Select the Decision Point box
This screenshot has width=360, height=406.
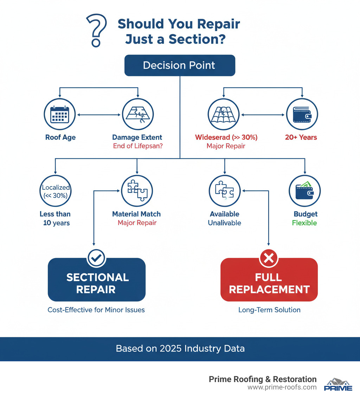(180, 65)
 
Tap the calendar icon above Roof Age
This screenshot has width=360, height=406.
(60, 114)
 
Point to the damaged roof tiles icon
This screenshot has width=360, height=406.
(224, 114)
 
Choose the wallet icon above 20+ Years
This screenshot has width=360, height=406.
(302, 114)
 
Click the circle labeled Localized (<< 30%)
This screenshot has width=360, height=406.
(56, 191)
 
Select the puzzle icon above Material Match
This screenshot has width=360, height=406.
(137, 191)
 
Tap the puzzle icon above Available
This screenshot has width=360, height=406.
(224, 191)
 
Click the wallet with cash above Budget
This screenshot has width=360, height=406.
(304, 191)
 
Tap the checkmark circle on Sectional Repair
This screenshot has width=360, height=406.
(96, 259)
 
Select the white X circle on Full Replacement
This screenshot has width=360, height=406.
(269, 259)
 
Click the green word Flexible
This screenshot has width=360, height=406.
(304, 223)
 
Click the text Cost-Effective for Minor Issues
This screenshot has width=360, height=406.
(96, 310)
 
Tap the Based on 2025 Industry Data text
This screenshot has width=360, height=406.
(180, 349)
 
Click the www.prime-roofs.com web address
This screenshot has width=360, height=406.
(282, 387)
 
